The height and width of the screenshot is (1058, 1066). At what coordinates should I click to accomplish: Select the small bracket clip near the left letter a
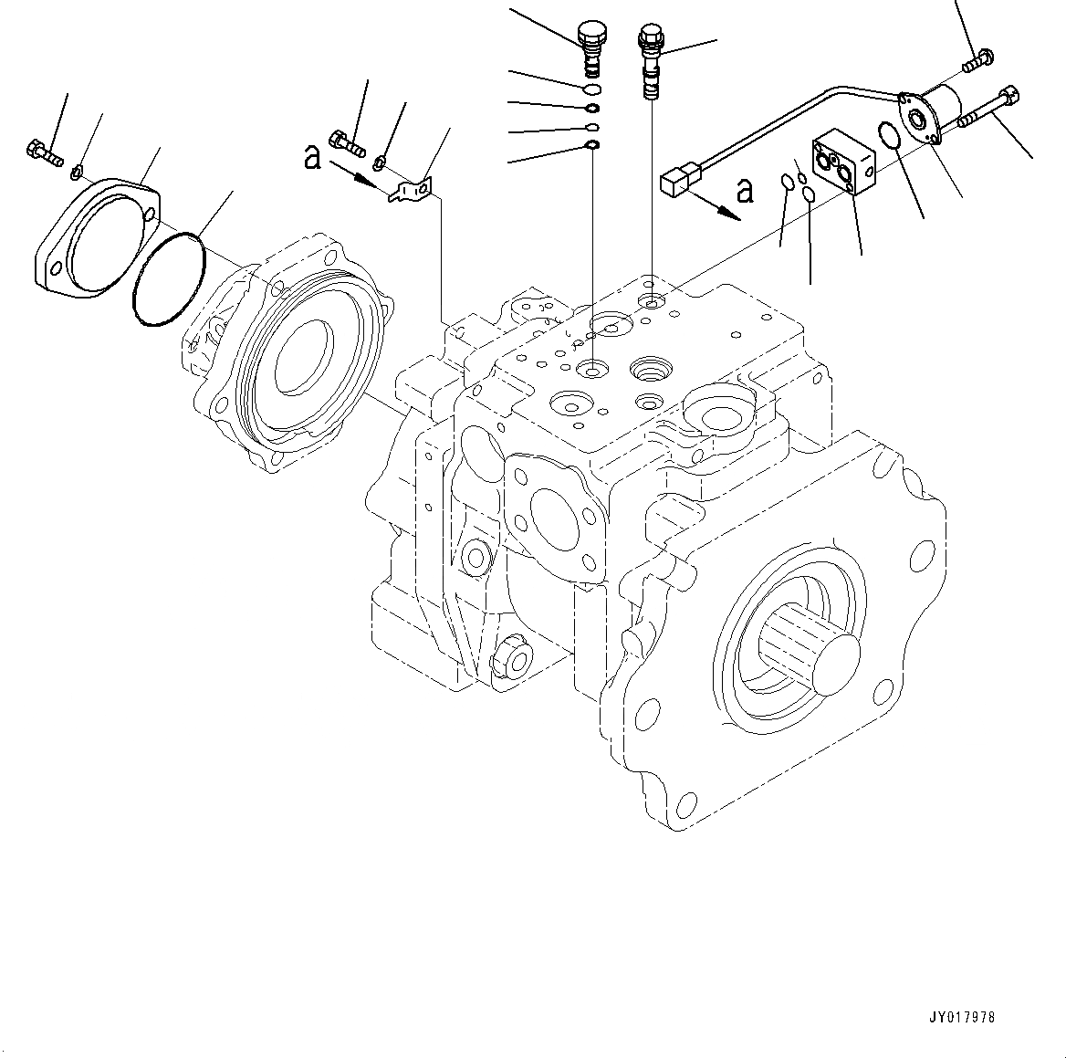[x=413, y=189]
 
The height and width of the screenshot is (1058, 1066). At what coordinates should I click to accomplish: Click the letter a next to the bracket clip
[x=313, y=159]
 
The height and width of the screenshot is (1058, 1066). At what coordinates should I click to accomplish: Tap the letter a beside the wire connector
[x=746, y=191]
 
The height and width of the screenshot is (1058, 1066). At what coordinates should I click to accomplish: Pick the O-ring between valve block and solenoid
[x=890, y=135]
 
